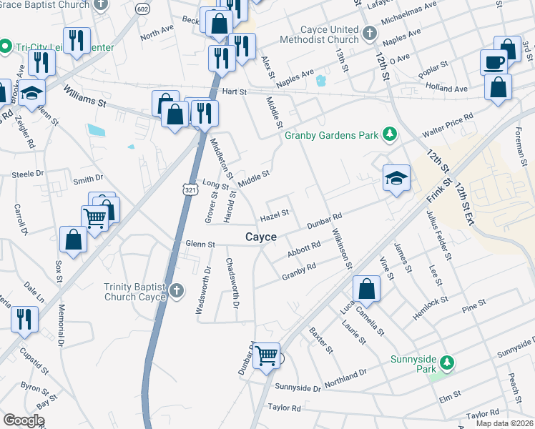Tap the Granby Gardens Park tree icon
click(391, 134)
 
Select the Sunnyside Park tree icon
click(447, 363)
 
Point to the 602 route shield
click(142, 9)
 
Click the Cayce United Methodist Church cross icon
click(369, 34)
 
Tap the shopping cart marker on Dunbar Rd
click(267, 354)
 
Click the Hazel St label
click(275, 213)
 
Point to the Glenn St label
click(200, 245)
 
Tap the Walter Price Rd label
click(448, 126)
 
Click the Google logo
click(24, 420)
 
